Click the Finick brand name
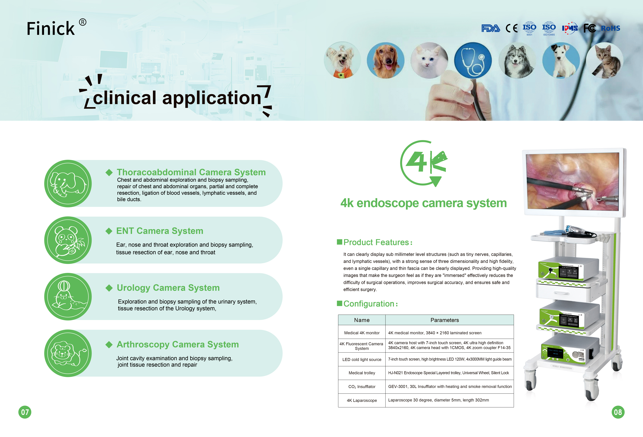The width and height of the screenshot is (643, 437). coord(51,29)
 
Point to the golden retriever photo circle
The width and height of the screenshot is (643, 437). coord(385,60)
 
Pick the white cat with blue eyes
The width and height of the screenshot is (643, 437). coord(429,60)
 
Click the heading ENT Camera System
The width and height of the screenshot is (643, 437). coord(160,231)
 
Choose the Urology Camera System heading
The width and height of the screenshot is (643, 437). coord(168,288)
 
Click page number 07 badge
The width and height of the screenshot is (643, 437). coord(25,412)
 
